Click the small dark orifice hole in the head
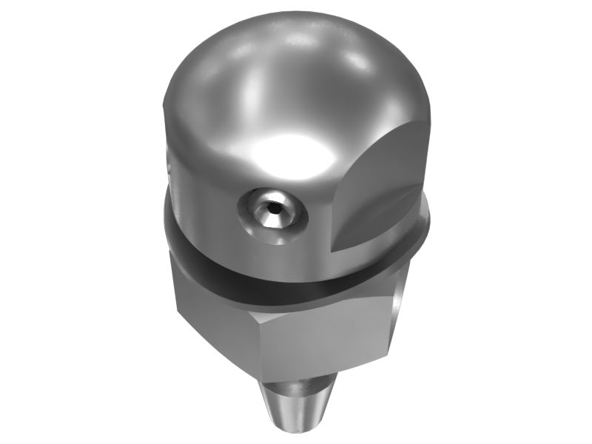(x=274, y=209)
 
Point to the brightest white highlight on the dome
(x=285, y=152)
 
